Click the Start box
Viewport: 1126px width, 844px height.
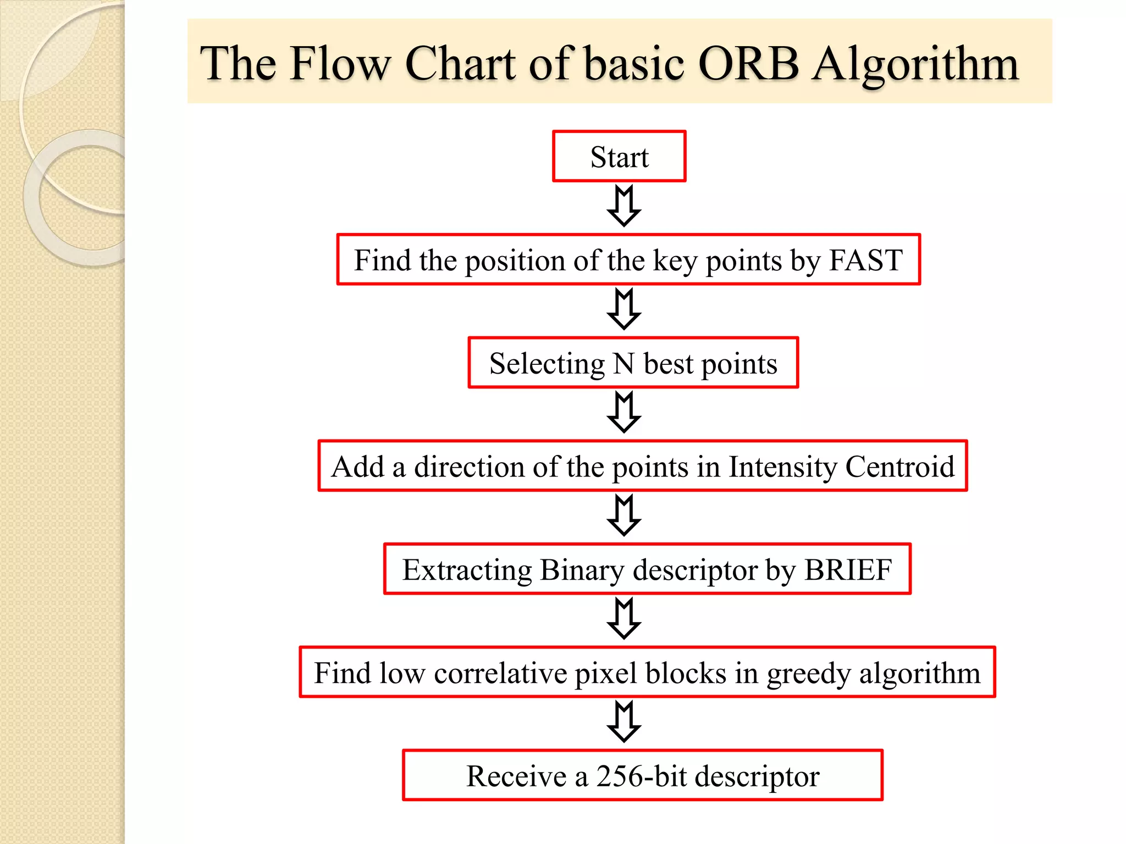pyautogui.click(x=619, y=157)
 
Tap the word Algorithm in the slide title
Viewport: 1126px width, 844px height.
pyautogui.click(x=915, y=65)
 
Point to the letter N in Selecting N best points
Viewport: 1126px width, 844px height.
pyautogui.click(x=623, y=363)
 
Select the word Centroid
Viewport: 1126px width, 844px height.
pyautogui.click(x=899, y=467)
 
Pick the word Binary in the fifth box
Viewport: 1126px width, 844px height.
pyautogui.click(x=582, y=570)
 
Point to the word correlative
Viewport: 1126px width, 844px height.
pyautogui.click(x=500, y=673)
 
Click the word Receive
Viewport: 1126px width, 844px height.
pyautogui.click(x=516, y=776)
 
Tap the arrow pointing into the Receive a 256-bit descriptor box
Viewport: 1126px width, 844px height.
pyautogui.click(x=623, y=721)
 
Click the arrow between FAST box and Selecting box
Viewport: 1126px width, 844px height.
pyautogui.click(x=623, y=309)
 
